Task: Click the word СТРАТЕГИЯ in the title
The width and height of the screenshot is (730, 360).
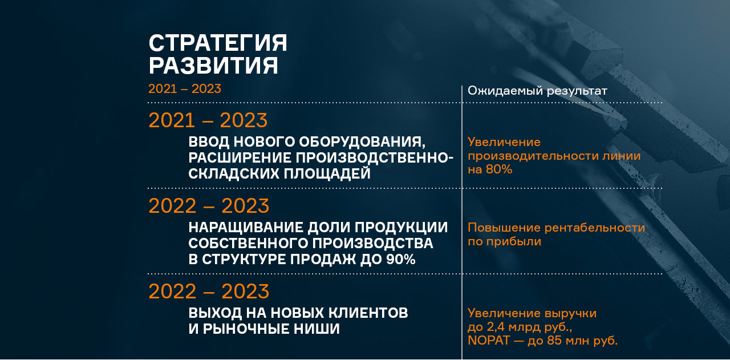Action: (x=218, y=43)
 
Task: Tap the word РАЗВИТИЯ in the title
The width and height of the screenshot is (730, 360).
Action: (x=213, y=65)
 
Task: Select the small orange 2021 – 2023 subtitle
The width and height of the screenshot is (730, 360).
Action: (x=185, y=88)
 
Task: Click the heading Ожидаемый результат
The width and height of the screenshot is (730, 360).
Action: (x=537, y=91)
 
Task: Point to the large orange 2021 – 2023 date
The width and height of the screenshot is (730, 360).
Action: (x=208, y=120)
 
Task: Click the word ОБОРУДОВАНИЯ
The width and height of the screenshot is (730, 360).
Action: (x=362, y=142)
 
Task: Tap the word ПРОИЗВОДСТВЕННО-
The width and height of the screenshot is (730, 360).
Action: (x=375, y=158)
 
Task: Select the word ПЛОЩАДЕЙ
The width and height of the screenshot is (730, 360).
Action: (x=327, y=173)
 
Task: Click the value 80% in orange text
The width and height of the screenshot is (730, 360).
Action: (x=499, y=169)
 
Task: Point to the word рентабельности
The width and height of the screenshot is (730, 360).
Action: (x=595, y=228)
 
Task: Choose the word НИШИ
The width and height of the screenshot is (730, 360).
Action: (x=317, y=329)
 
